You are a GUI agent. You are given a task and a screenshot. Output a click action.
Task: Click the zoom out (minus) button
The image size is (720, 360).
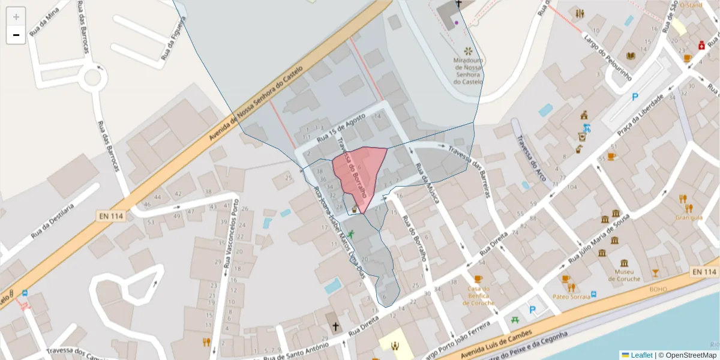[x=16, y=35]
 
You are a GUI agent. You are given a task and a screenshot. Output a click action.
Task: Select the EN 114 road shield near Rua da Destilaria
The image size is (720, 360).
[x=110, y=214]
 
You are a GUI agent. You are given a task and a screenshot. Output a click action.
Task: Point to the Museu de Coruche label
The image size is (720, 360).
[x=624, y=275]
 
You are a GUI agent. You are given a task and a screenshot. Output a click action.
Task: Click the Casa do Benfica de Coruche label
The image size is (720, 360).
[x=478, y=295]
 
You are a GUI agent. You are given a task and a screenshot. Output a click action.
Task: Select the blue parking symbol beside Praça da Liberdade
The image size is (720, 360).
[x=635, y=97]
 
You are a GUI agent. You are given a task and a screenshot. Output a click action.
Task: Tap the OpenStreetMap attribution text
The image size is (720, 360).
[x=686, y=355]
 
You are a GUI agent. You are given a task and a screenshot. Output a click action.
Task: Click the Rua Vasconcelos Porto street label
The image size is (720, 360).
[x=232, y=233]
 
